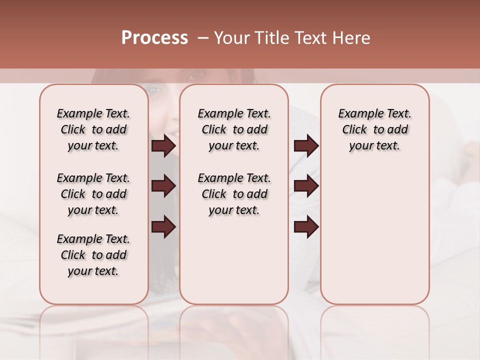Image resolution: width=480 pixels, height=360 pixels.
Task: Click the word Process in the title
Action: click(154, 38)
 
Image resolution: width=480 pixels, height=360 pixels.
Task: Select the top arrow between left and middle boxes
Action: click(163, 146)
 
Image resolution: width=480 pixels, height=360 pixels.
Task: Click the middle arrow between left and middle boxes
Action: click(163, 186)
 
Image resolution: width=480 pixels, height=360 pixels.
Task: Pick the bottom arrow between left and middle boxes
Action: click(163, 226)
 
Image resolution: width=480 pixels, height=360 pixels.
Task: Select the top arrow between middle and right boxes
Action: click(306, 146)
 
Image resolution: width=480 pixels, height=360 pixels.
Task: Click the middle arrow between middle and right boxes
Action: click(306, 186)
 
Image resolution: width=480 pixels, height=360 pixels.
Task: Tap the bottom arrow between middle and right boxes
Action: click(306, 226)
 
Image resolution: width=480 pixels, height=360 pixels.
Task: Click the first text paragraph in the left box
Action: click(93, 129)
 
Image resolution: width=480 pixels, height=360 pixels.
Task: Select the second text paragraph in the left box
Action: click(93, 194)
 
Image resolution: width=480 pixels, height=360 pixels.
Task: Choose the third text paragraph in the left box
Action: click(93, 255)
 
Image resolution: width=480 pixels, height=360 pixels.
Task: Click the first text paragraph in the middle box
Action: click(234, 129)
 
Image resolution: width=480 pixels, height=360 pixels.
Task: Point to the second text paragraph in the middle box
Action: click(234, 194)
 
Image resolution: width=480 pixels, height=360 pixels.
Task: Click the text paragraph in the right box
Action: click(374, 129)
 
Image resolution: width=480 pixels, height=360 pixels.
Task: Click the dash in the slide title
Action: click(203, 38)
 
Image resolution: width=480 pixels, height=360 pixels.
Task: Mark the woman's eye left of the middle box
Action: click(156, 90)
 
